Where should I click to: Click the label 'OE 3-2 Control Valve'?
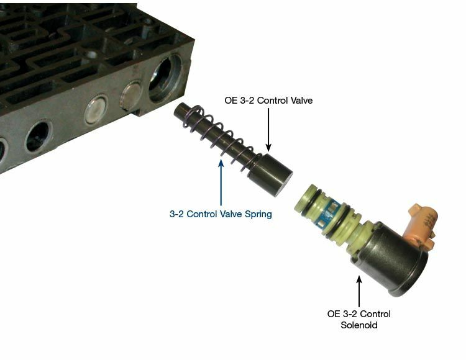tap(268, 101)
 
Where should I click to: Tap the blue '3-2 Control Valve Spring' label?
tap(221, 214)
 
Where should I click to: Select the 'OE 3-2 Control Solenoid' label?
tap(359, 319)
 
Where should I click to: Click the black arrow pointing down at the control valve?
tap(268, 130)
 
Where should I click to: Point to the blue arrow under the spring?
tap(221, 182)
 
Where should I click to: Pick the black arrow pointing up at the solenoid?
tap(359, 291)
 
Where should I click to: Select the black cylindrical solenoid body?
tap(390, 259)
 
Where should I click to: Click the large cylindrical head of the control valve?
tap(270, 174)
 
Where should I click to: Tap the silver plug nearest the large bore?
tap(131, 96)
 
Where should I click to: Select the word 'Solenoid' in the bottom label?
tap(359, 325)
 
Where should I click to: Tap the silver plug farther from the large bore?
tap(96, 110)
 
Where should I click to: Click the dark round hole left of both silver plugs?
tap(39, 137)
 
